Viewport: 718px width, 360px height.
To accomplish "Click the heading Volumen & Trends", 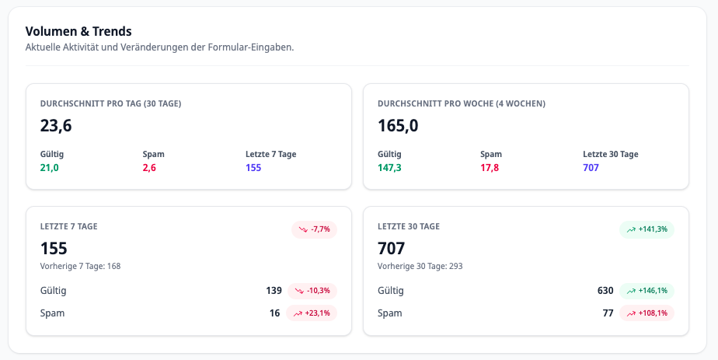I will (78, 31).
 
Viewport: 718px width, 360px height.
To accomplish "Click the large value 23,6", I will (56, 125).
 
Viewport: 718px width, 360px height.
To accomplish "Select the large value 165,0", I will (398, 125).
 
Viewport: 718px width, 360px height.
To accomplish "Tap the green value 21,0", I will (49, 167).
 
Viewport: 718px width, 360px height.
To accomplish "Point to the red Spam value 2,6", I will (149, 167).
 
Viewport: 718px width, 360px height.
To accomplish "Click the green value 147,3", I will (389, 167).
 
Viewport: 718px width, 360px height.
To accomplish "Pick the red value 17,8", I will (490, 167).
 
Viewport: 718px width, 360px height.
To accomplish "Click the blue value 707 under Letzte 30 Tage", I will (591, 167).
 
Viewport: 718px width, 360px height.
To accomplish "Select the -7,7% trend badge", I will (314, 229).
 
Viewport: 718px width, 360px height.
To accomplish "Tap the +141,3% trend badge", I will (647, 229).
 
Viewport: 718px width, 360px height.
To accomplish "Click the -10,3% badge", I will (312, 291).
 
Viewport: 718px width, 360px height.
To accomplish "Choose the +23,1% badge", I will (312, 313).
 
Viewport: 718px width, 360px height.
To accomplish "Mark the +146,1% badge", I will (647, 291).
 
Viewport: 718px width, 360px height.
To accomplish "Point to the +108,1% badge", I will (647, 313).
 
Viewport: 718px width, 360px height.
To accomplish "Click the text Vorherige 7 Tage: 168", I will (80, 266).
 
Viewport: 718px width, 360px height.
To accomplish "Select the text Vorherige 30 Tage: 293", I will (420, 266).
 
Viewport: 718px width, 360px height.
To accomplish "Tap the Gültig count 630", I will (605, 291).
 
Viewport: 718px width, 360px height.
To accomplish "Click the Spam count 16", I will (274, 313).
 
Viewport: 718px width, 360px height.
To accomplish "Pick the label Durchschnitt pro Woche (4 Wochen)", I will (461, 103).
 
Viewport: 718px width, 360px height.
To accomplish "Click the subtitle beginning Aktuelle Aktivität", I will (159, 47).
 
